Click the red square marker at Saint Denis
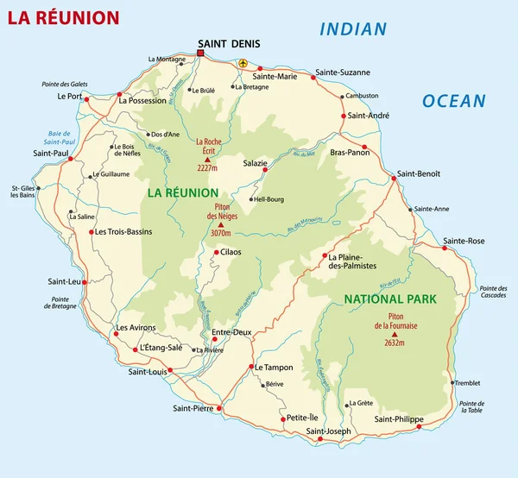click(200, 53)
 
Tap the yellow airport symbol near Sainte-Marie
click(243, 63)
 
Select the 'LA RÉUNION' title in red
click(64, 17)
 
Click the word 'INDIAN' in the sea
click(353, 29)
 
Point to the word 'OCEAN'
click(453, 101)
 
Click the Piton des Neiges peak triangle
click(220, 224)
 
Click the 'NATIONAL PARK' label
click(390, 299)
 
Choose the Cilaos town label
click(231, 252)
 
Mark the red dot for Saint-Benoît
click(394, 178)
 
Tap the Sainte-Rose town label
click(464, 240)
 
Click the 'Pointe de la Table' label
click(472, 408)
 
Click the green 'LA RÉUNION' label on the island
click(182, 192)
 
